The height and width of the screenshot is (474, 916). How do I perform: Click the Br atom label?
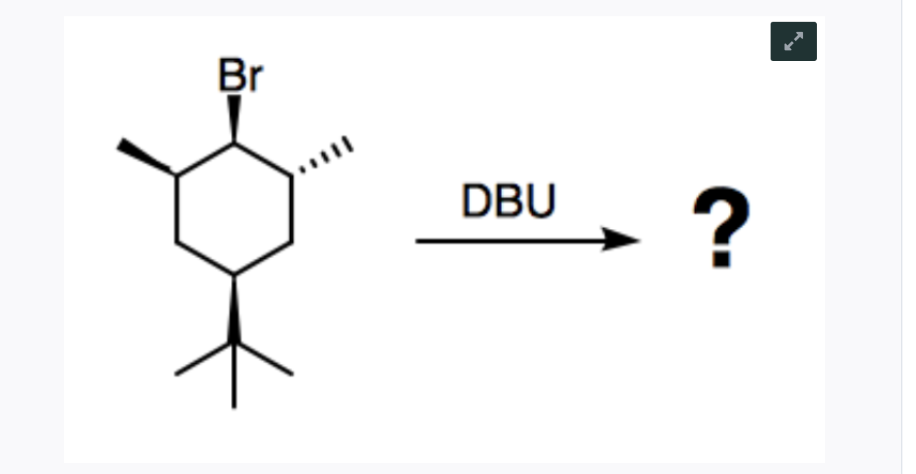[x=240, y=75]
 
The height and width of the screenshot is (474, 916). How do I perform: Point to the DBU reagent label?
[x=508, y=201]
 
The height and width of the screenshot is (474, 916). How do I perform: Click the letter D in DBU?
[x=475, y=201]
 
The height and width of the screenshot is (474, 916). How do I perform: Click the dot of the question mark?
[x=721, y=259]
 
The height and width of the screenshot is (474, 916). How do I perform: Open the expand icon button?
[x=793, y=41]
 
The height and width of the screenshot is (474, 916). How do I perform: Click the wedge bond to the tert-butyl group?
[x=234, y=309]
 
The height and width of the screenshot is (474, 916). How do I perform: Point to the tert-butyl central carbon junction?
[x=234, y=342]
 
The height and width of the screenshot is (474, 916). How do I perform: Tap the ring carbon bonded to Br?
[x=234, y=144]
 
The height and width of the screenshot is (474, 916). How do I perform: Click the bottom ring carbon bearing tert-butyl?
[x=234, y=274]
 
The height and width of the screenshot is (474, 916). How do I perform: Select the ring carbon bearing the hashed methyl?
[x=292, y=177]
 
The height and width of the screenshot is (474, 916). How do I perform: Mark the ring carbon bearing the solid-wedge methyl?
[x=177, y=177]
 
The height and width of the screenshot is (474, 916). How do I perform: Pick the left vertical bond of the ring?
[x=177, y=209]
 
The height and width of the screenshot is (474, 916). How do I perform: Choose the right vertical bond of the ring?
[x=292, y=209]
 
